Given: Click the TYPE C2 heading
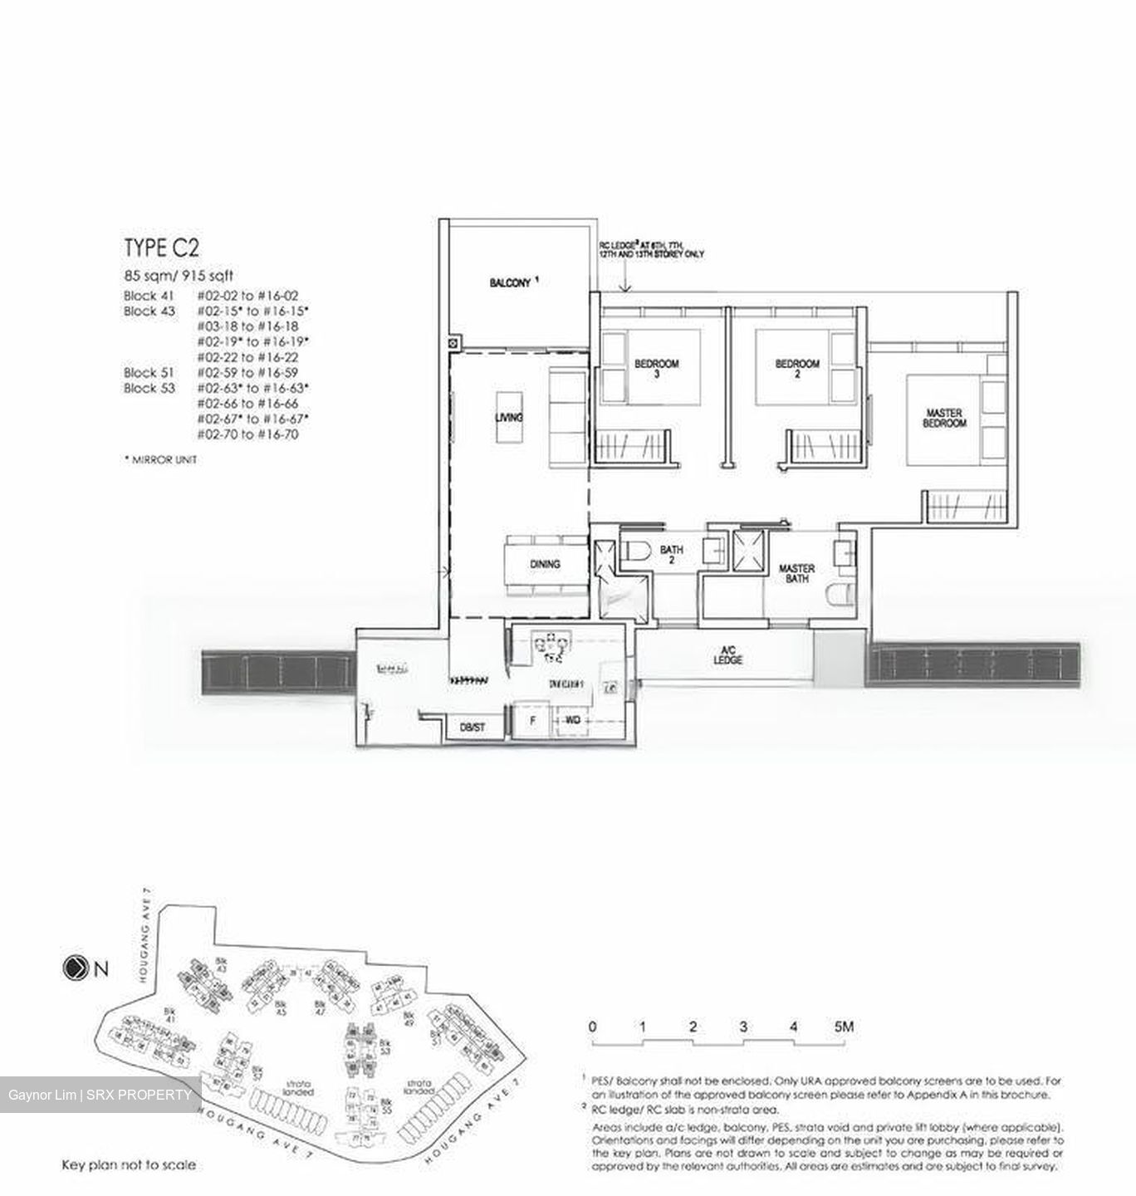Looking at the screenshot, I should [x=162, y=248].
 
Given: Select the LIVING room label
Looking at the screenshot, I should [x=509, y=417].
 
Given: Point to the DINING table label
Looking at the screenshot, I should [x=545, y=564].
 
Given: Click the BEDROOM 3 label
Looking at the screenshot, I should [x=657, y=368].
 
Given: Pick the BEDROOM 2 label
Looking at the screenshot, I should [x=797, y=368].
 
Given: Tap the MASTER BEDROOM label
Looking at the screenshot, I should [x=945, y=418].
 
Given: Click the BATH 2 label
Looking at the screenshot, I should [x=672, y=554].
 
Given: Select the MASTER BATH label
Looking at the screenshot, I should [x=796, y=573].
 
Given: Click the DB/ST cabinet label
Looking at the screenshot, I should [x=472, y=728].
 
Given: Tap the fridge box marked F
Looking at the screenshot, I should [x=532, y=721].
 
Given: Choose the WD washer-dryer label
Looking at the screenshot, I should [x=573, y=721].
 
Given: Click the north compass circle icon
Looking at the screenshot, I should [x=74, y=968].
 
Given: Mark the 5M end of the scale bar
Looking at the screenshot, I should [x=844, y=1027].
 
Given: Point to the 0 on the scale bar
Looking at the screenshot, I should [x=592, y=1027].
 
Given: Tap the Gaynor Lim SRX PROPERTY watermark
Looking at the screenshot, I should [x=100, y=1095].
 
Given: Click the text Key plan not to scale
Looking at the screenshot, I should [x=129, y=1165].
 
